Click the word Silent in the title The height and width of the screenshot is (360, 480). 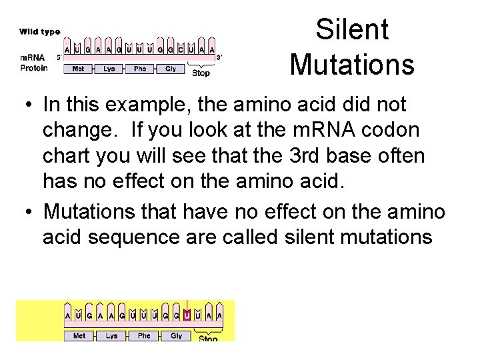pyautogui.click(x=352, y=30)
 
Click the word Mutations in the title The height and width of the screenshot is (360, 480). pyautogui.click(x=352, y=65)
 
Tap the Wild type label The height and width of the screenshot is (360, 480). pyautogui.click(x=39, y=31)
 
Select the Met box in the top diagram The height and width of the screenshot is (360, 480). pyautogui.click(x=78, y=69)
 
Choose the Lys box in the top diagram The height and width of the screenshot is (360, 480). pyautogui.click(x=109, y=69)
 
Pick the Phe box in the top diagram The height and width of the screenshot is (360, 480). pyautogui.click(x=140, y=69)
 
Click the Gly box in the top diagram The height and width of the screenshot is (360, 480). pyautogui.click(x=171, y=69)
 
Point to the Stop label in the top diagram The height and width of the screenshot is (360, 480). pyautogui.click(x=201, y=73)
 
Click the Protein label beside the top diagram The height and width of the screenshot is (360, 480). pyautogui.click(x=33, y=68)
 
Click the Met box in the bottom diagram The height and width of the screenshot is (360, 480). pyautogui.click(x=79, y=336)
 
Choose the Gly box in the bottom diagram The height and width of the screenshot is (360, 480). pyautogui.click(x=176, y=336)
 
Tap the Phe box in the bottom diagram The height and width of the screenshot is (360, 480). pyautogui.click(x=144, y=336)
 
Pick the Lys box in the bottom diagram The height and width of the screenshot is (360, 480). pyautogui.click(x=111, y=336)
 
